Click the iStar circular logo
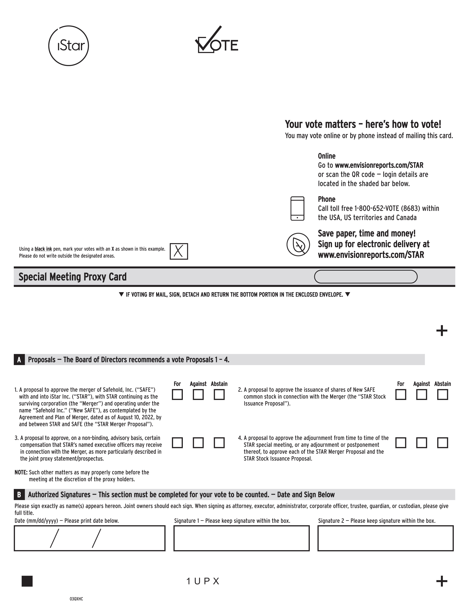pyautogui.click(x=69, y=46)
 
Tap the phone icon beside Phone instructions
pyautogui.click(x=297, y=208)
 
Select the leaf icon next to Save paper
pyautogui.click(x=298, y=244)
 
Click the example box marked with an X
pyautogui.click(x=179, y=251)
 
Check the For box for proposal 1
pyautogui.click(x=177, y=395)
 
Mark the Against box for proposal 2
pyautogui.click(x=422, y=395)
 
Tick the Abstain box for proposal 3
pyautogui.click(x=219, y=443)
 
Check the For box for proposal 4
pyautogui.click(x=401, y=443)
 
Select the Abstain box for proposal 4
pyautogui.click(x=443, y=443)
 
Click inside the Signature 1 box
pyautogui.click(x=241, y=538)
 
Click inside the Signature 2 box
pyautogui.click(x=385, y=538)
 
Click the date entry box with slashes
pyautogui.click(x=89, y=538)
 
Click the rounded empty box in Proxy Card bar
pyautogui.click(x=366, y=277)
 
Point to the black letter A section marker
pyautogui.click(x=19, y=360)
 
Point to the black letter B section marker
pyautogui.click(x=19, y=495)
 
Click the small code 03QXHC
pyautogui.click(x=76, y=599)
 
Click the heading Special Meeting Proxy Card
pyautogui.click(x=72, y=277)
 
